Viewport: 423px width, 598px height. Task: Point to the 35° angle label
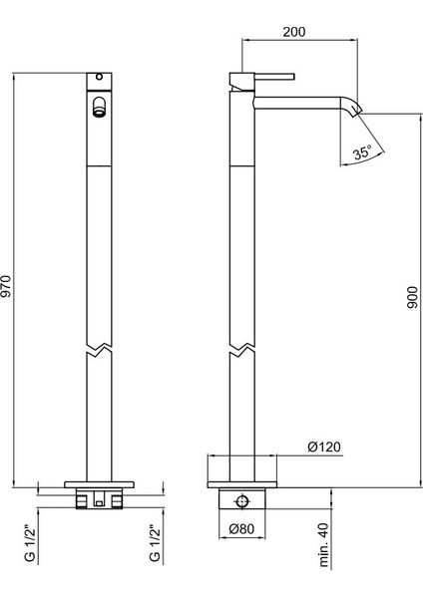[x=362, y=152]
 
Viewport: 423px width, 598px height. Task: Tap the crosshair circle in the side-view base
[x=239, y=498]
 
